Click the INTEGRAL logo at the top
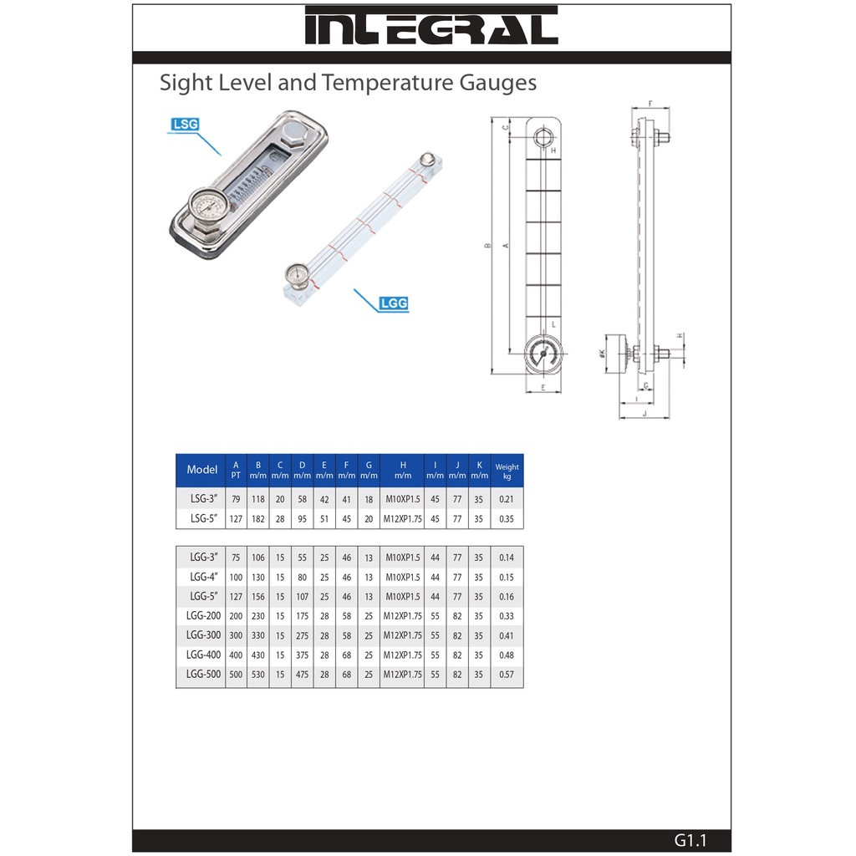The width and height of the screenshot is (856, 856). [x=431, y=26]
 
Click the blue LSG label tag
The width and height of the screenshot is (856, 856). [x=185, y=125]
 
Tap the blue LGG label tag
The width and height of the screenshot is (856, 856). [x=394, y=303]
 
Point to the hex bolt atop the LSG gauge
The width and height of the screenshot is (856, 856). [x=297, y=133]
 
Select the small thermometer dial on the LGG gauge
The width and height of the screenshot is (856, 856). [x=297, y=273]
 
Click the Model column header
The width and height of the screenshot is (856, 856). [x=201, y=470]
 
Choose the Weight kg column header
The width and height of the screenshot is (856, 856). [x=507, y=471]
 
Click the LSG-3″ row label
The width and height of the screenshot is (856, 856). [x=204, y=498]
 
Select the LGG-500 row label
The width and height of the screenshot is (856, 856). [x=203, y=675]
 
